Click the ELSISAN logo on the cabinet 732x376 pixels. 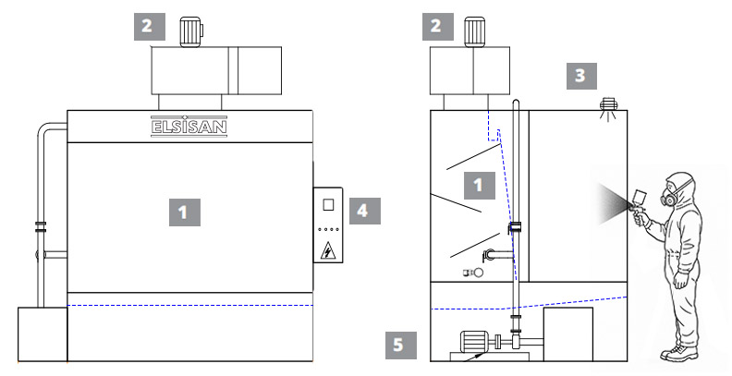point(189,125)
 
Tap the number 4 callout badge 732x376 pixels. point(362,211)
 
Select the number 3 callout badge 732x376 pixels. point(579,76)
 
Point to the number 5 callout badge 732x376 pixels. point(398,346)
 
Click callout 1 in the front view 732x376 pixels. point(183,212)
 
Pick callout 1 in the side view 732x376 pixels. point(478,185)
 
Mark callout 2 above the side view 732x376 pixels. point(435,26)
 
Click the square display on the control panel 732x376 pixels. point(327,204)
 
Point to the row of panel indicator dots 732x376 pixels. point(327,229)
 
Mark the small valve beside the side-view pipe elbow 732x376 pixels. point(470,273)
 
